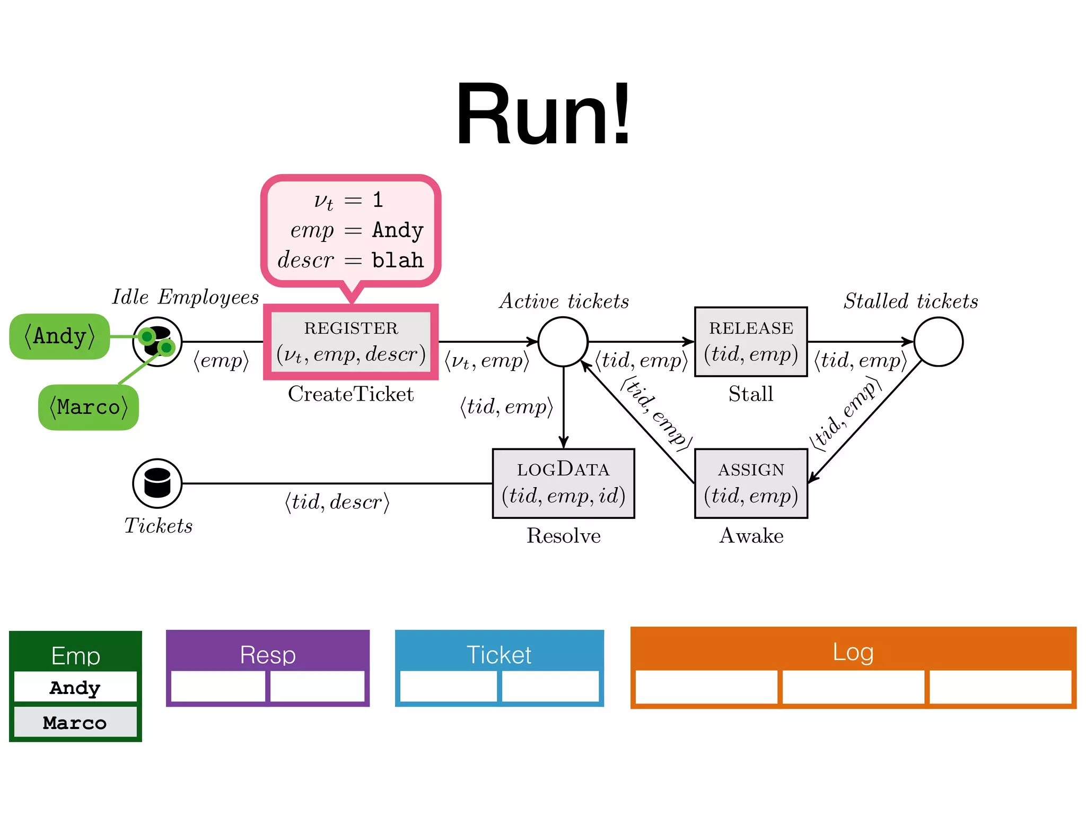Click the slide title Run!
point(543,114)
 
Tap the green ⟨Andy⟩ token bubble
point(59,336)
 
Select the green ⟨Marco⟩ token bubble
point(89,407)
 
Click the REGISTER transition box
point(351,342)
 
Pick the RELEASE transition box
point(751,342)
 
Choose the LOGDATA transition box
point(563,483)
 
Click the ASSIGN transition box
point(751,483)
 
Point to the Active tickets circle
point(563,342)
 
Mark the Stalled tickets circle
point(938,342)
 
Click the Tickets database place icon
point(157,483)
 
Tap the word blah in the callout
point(398,261)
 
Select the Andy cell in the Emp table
point(75,687)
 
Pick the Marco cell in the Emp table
point(75,722)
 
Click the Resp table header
point(268,654)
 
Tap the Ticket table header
point(499,654)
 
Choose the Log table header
point(853,652)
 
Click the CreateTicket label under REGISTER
point(351,394)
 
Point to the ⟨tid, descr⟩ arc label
point(337,501)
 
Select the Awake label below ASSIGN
point(751,535)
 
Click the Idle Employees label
point(185,297)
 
